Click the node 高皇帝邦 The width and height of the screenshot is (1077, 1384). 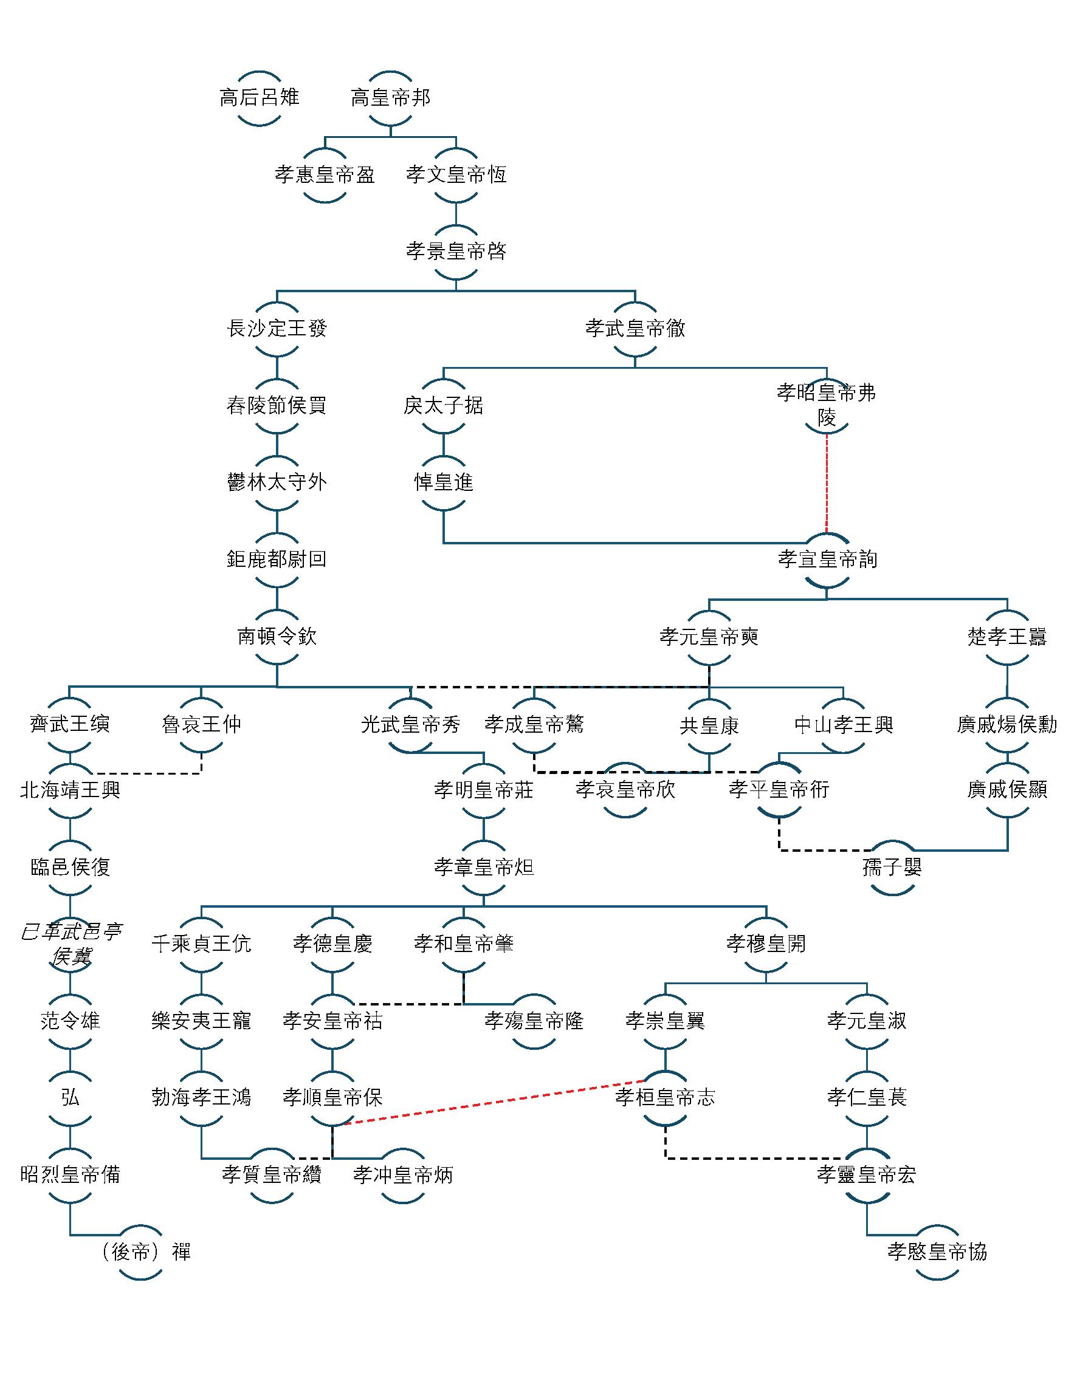tap(390, 98)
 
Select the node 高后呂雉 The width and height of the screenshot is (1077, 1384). tap(260, 98)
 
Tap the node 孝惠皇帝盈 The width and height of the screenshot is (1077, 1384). tap(325, 175)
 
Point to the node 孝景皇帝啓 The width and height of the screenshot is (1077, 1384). tap(456, 252)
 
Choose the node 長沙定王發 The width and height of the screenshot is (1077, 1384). tap(277, 328)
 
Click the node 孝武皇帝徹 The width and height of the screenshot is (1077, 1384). tap(635, 328)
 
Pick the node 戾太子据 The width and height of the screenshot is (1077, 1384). tap(443, 406)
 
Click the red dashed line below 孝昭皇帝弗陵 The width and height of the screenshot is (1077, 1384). tap(827, 485)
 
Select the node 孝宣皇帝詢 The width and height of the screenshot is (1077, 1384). tap(827, 560)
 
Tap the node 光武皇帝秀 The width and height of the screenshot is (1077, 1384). tap(410, 724)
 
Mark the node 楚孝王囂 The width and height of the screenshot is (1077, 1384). tap(1006, 636)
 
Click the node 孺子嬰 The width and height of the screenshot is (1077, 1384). tap(892, 867)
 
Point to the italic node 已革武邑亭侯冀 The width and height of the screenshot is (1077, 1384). tap(71, 944)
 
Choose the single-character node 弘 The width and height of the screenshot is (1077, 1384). tap(71, 1098)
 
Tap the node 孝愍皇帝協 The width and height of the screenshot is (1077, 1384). tap(937, 1252)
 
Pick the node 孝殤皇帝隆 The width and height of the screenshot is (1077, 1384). tap(534, 1021)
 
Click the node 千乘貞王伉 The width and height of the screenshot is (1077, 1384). tap(201, 944)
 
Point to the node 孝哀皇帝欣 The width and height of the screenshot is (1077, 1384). tap(625, 790)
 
